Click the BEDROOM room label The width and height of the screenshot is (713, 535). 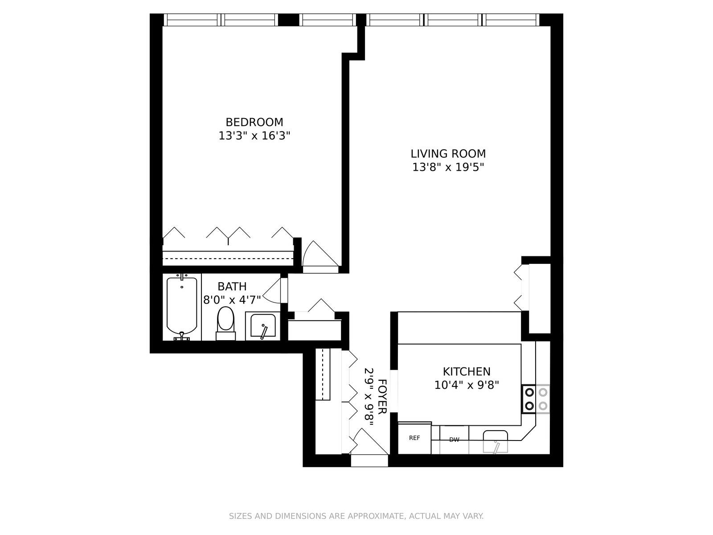tap(254, 122)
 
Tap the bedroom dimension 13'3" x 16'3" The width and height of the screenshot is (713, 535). tap(254, 136)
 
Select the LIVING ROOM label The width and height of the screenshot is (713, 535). tap(448, 154)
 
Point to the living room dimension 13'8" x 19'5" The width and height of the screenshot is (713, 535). tap(448, 167)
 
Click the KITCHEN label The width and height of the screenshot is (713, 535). tap(467, 371)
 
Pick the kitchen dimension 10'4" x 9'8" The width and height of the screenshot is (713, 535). tap(467, 385)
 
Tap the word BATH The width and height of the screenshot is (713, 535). tap(232, 286)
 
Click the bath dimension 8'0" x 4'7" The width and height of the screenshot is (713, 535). tap(232, 300)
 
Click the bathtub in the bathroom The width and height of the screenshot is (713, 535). tap(182, 307)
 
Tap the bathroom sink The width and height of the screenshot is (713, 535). tap(263, 325)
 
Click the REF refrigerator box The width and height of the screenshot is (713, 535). tap(414, 438)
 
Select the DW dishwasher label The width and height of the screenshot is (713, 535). tap(454, 440)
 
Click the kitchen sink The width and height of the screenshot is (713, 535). tap(496, 441)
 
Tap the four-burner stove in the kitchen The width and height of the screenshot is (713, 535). tap(536, 399)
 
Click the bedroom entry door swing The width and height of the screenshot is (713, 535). tap(320, 257)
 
